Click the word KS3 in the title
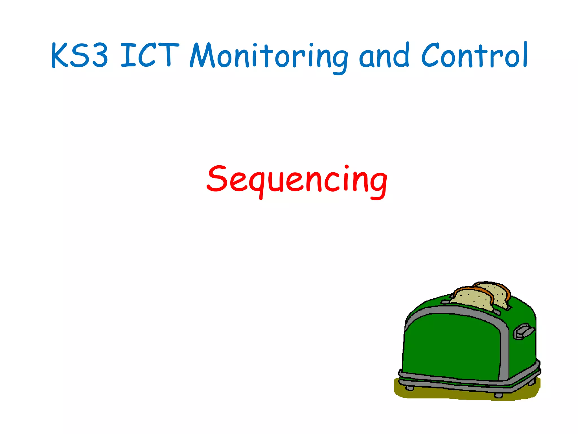point(80,55)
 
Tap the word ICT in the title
point(150,55)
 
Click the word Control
point(474,55)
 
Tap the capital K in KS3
point(60,56)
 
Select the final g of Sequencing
point(378,184)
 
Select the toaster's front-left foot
point(409,388)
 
